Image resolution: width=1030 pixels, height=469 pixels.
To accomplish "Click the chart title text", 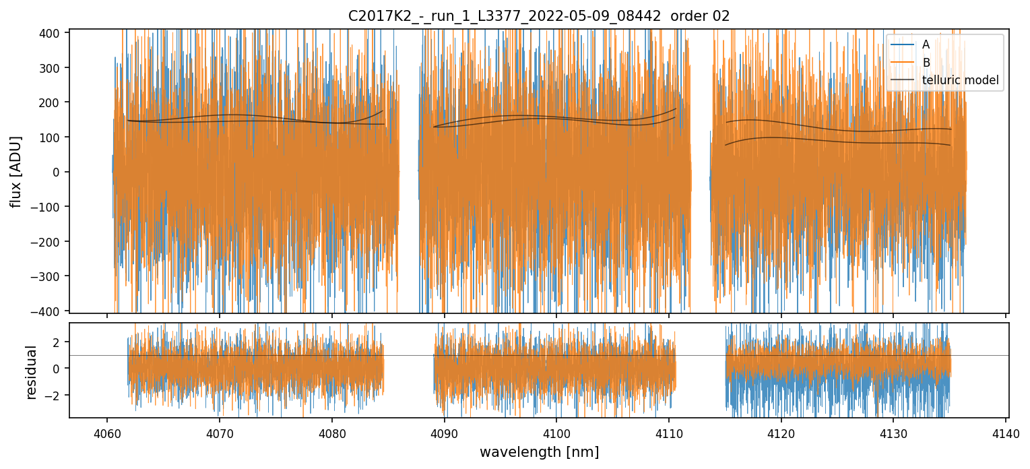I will (539, 16).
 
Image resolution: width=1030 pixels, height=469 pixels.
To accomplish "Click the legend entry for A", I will (926, 45).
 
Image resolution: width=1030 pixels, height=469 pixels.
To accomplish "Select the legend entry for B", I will (926, 63).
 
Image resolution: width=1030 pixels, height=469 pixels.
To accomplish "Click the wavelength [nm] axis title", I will (539, 451).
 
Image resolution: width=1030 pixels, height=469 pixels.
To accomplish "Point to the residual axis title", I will (31, 372).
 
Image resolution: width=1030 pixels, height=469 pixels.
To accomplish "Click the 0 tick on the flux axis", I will (58, 172).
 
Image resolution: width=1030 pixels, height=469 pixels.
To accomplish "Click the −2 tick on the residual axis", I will (55, 395).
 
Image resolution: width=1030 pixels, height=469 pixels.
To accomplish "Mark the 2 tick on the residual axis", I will (58, 342).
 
